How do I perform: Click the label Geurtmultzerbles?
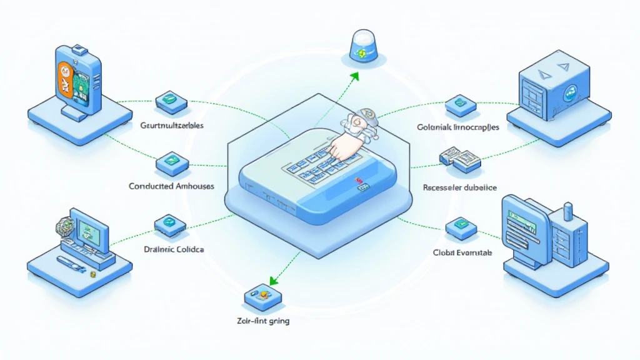coord(169,126)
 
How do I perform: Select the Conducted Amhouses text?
coord(171,186)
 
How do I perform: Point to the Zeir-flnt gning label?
coord(259,322)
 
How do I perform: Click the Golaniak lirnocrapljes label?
coord(457,127)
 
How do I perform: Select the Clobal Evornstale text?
coord(462,252)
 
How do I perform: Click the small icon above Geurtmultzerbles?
coord(170,99)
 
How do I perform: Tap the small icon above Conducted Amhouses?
coord(170,162)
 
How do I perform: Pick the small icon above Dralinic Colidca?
coord(169,222)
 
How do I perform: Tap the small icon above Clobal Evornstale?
coord(461,227)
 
